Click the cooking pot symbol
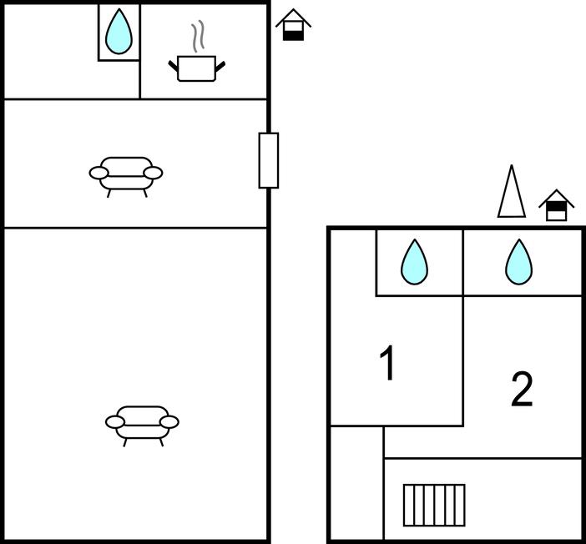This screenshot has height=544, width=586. tap(197, 68)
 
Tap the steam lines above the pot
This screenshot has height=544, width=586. tap(197, 38)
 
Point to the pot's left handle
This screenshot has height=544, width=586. tap(174, 65)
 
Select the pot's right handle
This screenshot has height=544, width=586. tap(220, 65)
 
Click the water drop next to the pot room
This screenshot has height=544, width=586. tap(119, 32)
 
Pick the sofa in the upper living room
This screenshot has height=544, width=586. tap(126, 174)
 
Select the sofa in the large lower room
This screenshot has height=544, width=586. tap(142, 422)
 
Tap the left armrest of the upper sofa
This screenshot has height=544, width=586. tap(99, 174)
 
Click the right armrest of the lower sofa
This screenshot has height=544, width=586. tap(169, 422)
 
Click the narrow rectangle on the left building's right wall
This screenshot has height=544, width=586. tap(268, 160)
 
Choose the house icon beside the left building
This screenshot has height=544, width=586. tap(293, 25)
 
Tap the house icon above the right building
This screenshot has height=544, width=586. tap(557, 205)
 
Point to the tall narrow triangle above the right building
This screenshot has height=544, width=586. tap(512, 194)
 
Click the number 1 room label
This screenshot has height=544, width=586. tap(387, 364)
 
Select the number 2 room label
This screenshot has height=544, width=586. tap(522, 390)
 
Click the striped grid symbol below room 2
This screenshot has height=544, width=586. tap(434, 505)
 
